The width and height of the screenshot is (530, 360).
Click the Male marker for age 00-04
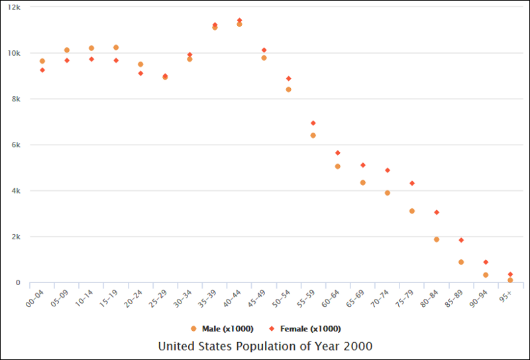(x=42, y=61)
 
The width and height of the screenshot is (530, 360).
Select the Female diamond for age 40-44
(x=239, y=21)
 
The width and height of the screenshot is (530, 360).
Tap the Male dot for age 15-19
(x=116, y=48)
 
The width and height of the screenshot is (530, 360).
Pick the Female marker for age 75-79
(x=412, y=183)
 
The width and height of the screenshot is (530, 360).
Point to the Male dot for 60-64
(x=338, y=166)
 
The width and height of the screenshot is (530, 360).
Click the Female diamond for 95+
(x=510, y=274)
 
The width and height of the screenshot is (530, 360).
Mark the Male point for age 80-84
(x=437, y=239)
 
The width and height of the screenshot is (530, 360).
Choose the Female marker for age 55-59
(x=313, y=123)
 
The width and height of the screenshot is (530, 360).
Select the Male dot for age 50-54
(x=289, y=90)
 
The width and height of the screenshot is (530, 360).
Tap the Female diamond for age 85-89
(x=461, y=240)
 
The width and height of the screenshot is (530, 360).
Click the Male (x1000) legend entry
(x=222, y=329)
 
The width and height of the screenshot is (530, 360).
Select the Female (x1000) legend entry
(x=305, y=329)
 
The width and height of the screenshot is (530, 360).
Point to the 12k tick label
(x=14, y=7)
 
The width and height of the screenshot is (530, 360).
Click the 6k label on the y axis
(x=15, y=145)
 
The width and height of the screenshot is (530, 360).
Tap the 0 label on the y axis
(x=18, y=283)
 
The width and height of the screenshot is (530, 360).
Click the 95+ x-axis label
(x=505, y=296)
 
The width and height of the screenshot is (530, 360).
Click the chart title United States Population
(x=265, y=347)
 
